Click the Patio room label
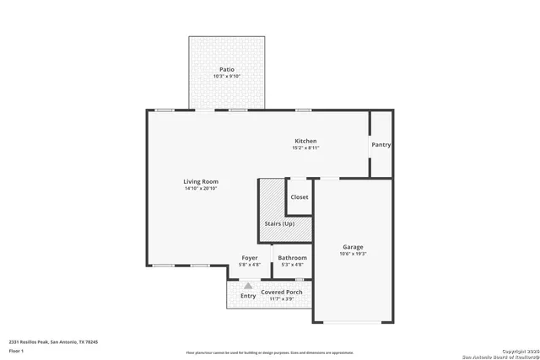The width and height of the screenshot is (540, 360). [x=226, y=69]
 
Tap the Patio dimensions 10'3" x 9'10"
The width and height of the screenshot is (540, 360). [x=226, y=77]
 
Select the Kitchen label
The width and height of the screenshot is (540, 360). [x=305, y=141]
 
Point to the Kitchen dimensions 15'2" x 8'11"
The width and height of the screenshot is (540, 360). [x=305, y=148]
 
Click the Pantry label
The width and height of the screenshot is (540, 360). [x=381, y=144]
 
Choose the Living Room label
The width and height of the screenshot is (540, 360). [x=201, y=181]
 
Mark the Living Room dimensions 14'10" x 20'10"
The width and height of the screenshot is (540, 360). [x=201, y=188]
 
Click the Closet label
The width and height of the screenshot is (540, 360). [x=300, y=197]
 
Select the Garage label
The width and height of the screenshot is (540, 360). [x=353, y=247]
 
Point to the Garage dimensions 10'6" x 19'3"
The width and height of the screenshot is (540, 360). [x=353, y=254]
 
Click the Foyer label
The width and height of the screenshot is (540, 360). [x=250, y=257]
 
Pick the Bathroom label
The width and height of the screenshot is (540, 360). [x=293, y=257]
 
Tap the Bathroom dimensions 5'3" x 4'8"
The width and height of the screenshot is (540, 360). [x=293, y=264]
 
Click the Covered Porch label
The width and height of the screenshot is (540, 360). [x=281, y=292]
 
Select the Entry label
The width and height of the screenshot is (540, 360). [x=248, y=296]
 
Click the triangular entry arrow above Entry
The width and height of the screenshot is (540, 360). [x=248, y=286]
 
